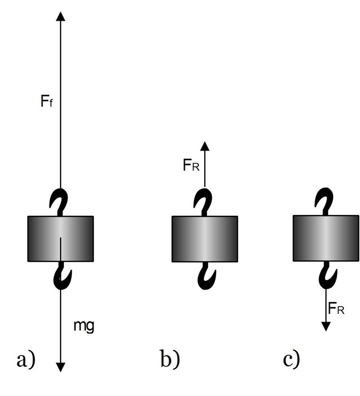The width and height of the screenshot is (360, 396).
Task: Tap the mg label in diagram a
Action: coord(84,325)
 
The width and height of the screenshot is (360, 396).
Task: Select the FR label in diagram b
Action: coord(191,165)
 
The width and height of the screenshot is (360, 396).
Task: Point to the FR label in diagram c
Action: coord(337,309)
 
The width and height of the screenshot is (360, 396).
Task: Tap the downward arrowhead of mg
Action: coord(61,367)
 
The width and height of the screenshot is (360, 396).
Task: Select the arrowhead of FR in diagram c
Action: coord(326,326)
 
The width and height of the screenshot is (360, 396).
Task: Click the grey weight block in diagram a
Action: coord(61,238)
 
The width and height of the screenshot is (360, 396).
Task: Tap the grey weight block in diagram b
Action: coord(205,238)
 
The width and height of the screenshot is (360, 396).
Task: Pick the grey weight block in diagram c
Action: coord(326,238)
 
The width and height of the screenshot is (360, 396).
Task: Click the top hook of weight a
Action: coord(61,203)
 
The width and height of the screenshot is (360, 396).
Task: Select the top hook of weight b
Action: coord(205,203)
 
